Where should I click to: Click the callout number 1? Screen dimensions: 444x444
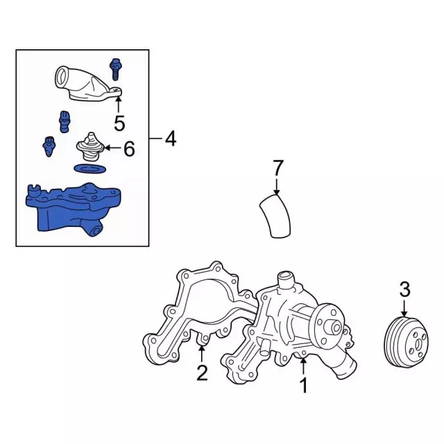click(x=304, y=386)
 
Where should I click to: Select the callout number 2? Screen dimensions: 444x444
click(x=202, y=373)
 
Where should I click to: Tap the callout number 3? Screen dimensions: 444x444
click(x=404, y=289)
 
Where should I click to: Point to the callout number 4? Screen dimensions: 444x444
click(x=171, y=139)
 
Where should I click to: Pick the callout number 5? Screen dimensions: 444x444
click(x=119, y=123)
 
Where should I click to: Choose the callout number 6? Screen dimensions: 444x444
click(x=129, y=148)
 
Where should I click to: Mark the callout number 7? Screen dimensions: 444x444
click(x=277, y=168)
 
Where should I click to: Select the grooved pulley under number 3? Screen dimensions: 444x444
click(x=406, y=342)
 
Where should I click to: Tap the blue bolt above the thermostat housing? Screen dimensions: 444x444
click(x=114, y=69)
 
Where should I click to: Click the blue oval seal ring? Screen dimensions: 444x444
click(x=90, y=169)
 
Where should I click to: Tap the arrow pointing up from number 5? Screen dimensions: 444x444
click(x=119, y=105)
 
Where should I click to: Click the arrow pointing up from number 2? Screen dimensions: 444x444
click(x=201, y=354)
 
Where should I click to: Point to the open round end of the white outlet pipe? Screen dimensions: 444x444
click(x=62, y=78)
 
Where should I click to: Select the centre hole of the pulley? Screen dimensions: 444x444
click(x=418, y=344)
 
